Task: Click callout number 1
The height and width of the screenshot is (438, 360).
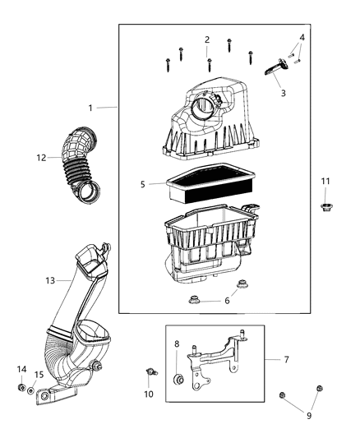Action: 92,108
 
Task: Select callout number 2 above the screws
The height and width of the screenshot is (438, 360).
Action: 207,39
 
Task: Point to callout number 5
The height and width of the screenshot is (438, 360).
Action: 142,184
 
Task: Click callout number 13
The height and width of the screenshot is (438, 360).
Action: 48,280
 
